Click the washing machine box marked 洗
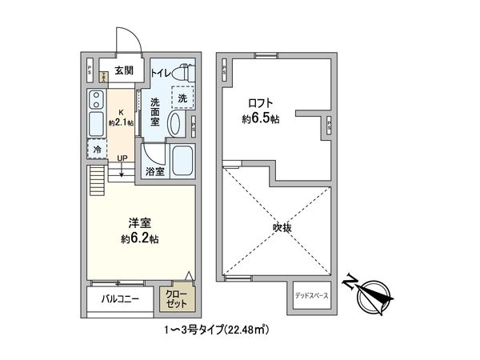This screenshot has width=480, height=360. pyautogui.click(x=183, y=97)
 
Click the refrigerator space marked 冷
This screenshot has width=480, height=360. pyautogui.click(x=97, y=149)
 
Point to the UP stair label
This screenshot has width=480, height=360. pyautogui.click(x=122, y=158)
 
